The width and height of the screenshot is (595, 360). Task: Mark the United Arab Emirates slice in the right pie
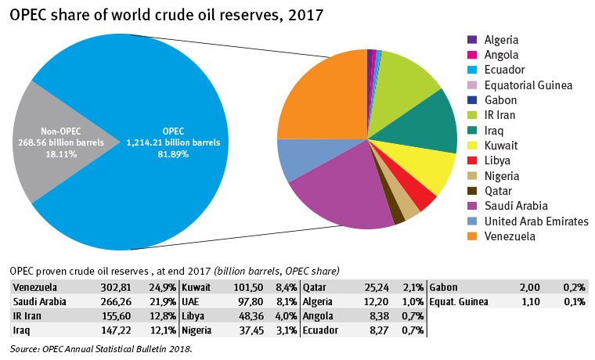tap(296, 157)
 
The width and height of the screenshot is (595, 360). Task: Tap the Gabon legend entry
tap(501, 100)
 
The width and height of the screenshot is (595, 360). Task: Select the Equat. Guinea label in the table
tap(460, 301)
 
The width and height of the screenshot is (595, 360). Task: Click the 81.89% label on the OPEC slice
tap(174, 154)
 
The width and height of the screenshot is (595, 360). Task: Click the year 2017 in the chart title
tap(301, 15)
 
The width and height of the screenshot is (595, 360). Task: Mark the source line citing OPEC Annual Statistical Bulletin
tap(102, 348)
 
